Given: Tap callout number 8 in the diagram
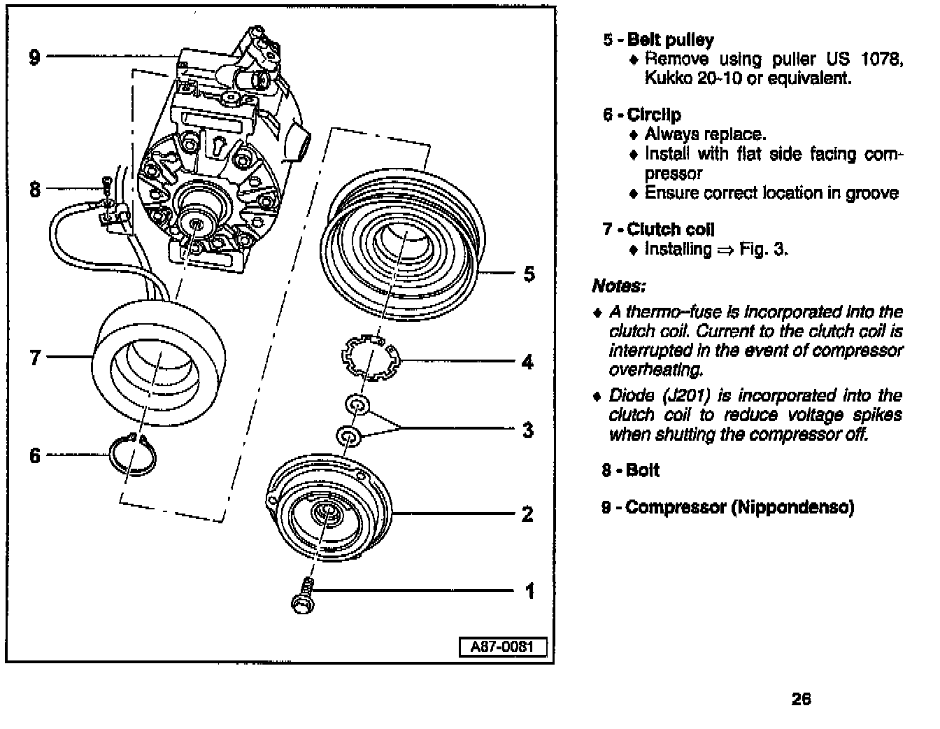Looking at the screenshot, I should (35, 189).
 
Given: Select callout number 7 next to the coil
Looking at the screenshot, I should (35, 358).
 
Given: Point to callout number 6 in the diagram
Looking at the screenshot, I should (35, 456).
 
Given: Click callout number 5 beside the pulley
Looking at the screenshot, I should (529, 274).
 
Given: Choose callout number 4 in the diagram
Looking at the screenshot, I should (527, 362).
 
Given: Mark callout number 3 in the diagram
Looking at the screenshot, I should (528, 429).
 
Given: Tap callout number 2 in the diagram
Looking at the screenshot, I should (527, 514).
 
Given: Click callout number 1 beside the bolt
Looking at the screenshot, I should (529, 591).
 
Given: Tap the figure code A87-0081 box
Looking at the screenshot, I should (501, 646).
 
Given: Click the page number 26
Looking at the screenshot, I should (802, 698).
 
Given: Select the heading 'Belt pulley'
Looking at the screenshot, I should (670, 40).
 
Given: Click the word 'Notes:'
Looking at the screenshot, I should (618, 286).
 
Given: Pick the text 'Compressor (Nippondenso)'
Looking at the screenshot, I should (739, 507).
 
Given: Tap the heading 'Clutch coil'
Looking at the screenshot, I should (670, 229).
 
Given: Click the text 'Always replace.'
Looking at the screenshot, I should (705, 134).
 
